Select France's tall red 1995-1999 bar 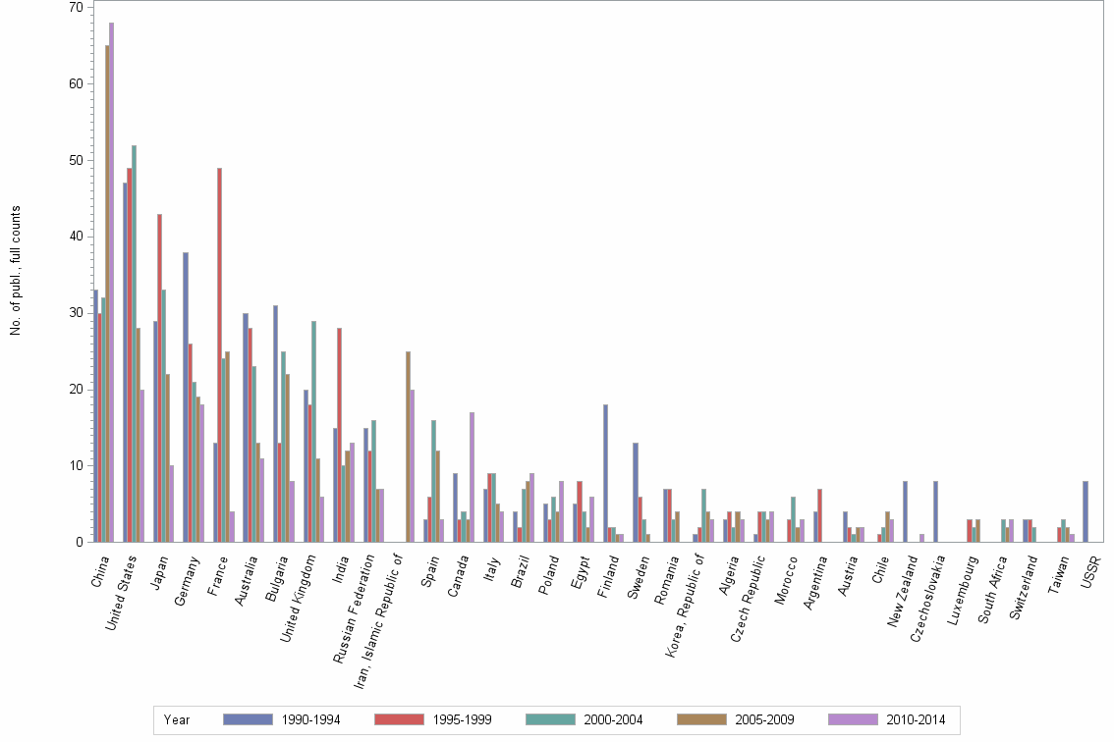[x=219, y=354]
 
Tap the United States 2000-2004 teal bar [x=134, y=344]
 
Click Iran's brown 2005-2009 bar [x=408, y=447]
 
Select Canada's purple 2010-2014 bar [x=473, y=477]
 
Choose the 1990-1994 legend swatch [x=248, y=719]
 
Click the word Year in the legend [x=177, y=719]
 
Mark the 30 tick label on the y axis [x=75, y=313]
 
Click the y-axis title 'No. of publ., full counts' [x=16, y=270]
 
